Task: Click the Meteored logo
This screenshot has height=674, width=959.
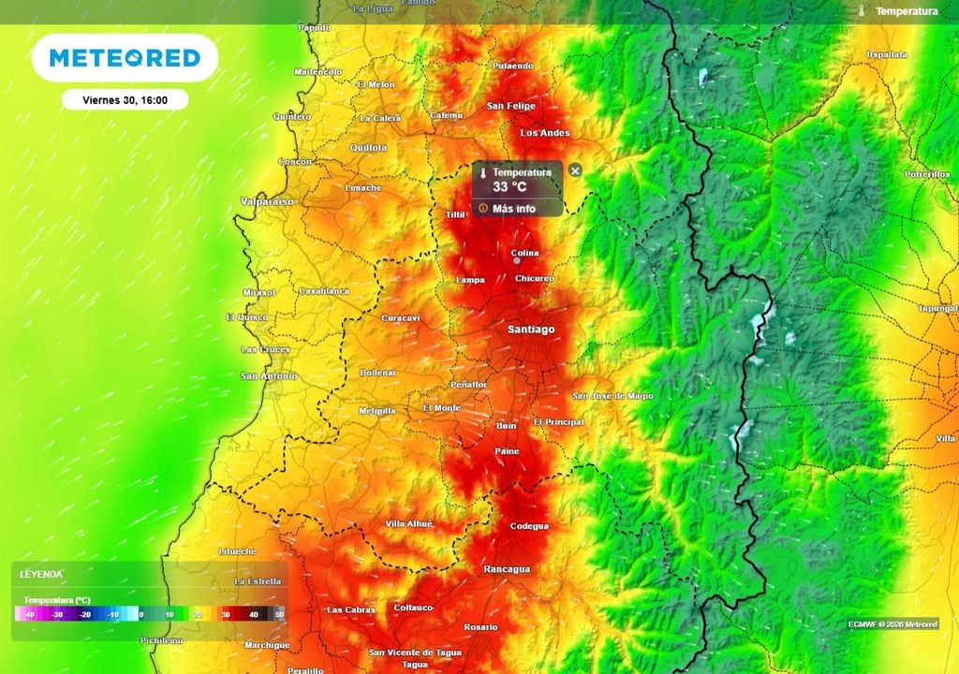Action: click(125, 58)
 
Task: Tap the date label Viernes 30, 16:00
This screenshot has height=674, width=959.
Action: click(125, 99)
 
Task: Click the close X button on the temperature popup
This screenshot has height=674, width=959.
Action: click(575, 169)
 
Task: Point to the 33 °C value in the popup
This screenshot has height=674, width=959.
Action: click(509, 186)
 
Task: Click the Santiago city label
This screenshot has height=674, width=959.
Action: click(531, 330)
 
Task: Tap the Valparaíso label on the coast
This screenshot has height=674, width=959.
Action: click(267, 201)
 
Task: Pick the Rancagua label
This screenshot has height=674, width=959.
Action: click(507, 569)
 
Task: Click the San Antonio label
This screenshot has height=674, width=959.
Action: click(269, 376)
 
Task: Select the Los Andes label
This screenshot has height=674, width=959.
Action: click(545, 133)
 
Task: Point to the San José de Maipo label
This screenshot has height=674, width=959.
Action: click(613, 396)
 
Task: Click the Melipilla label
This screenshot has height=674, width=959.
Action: click(377, 411)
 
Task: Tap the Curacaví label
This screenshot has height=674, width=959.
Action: click(401, 318)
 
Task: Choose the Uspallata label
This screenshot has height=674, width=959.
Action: click(886, 55)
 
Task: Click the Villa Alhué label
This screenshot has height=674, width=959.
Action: click(409, 524)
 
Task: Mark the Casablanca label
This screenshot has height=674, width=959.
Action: click(323, 291)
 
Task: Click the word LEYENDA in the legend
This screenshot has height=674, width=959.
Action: click(41, 573)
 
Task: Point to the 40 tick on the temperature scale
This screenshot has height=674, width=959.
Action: click(253, 614)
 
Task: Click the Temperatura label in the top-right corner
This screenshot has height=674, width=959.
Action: click(906, 11)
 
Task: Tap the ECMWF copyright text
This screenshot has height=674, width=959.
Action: click(893, 624)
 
